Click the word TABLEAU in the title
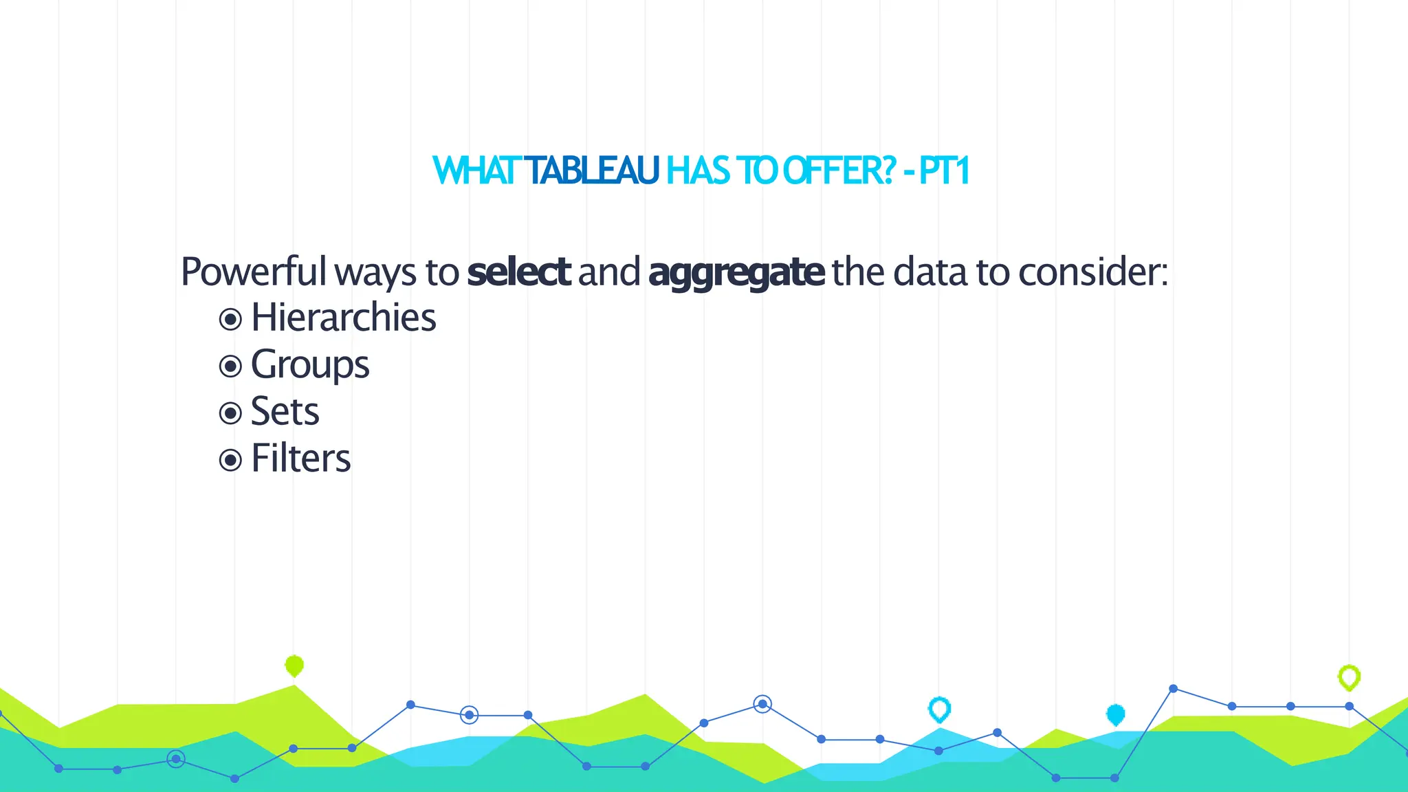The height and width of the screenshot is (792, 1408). tap(595, 171)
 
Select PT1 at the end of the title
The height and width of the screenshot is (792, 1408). tap(944, 171)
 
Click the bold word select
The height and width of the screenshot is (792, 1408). tap(518, 272)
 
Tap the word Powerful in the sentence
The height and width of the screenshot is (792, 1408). tap(253, 272)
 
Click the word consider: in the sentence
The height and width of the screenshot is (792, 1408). tap(1093, 272)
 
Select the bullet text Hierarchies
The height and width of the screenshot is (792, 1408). tap(344, 318)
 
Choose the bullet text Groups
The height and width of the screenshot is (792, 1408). tap(310, 365)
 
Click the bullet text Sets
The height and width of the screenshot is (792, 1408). tap(285, 412)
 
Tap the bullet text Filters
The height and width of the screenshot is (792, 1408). tap(301, 459)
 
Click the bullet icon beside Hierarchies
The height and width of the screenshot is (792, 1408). tap(230, 320)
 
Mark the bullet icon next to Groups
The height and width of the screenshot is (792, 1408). tap(230, 366)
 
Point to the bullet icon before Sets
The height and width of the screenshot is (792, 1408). tap(230, 413)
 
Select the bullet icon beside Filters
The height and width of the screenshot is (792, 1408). tap(230, 460)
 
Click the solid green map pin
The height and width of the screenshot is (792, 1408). tap(294, 665)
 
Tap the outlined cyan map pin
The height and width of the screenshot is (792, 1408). tap(939, 709)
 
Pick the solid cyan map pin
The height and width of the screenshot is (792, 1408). tap(1115, 715)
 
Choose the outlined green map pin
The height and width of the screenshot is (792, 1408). tap(1349, 677)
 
